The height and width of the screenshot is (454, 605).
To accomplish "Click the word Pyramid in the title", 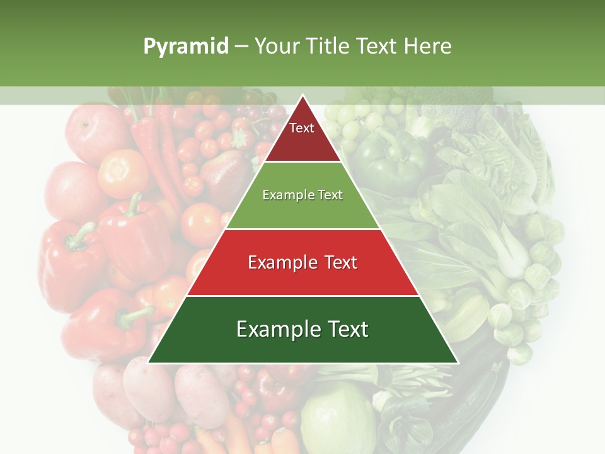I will (x=186, y=46).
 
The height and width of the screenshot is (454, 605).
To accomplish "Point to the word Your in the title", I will (x=275, y=46).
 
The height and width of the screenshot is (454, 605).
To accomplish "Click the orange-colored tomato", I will (x=123, y=173).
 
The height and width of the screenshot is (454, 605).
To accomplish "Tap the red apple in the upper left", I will (x=95, y=132).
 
